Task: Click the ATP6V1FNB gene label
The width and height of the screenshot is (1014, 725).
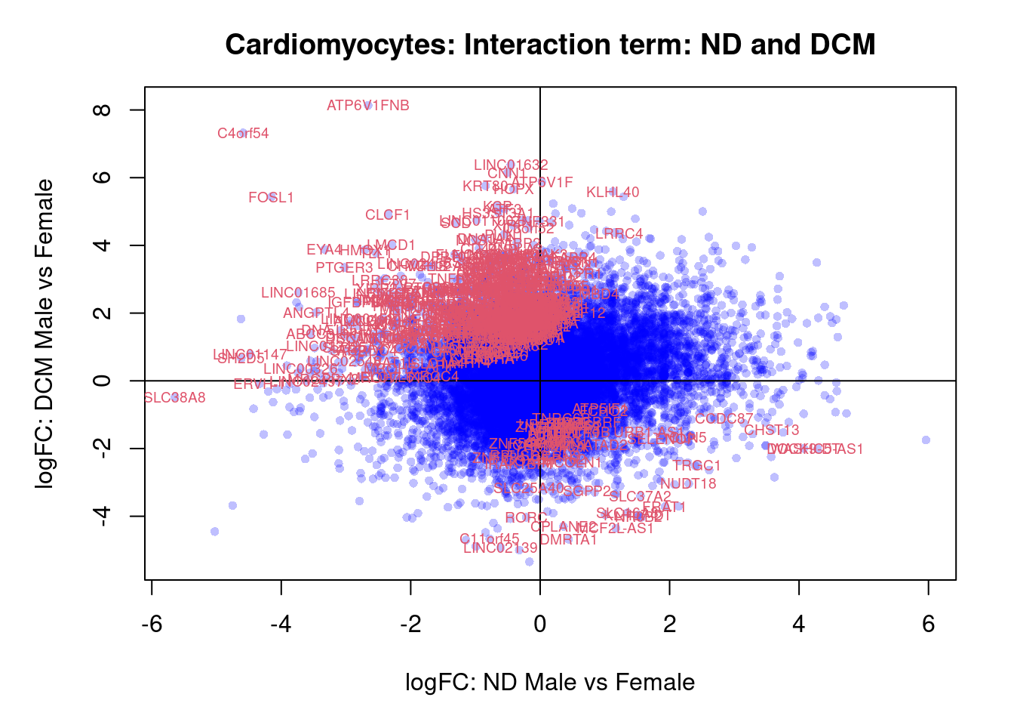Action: point(368,106)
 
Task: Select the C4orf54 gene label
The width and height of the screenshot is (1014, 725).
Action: point(243,134)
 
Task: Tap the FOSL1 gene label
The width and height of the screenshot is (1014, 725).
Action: point(271,198)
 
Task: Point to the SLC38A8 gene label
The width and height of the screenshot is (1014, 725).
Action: point(174,398)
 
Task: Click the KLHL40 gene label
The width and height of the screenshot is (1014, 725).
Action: point(613,193)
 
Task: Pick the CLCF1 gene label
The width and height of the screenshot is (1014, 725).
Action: point(387,215)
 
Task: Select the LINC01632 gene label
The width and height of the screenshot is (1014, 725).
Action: point(511,165)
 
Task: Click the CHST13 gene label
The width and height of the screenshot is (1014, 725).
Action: point(771,430)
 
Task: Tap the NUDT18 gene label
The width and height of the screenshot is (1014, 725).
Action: point(688,484)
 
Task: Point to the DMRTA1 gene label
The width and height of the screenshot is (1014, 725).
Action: point(568,540)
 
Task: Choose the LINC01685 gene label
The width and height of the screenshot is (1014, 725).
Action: point(298,293)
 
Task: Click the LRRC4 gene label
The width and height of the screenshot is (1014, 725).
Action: point(619,234)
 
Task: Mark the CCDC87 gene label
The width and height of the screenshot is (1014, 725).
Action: point(724,419)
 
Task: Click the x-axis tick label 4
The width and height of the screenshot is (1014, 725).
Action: point(799,624)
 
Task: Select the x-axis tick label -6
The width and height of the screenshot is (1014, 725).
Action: point(152,624)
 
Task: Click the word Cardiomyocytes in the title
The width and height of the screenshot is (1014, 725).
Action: point(340,45)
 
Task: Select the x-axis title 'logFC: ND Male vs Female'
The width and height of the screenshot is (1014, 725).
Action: point(550,683)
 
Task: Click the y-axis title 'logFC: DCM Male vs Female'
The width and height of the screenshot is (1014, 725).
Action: point(45,334)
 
